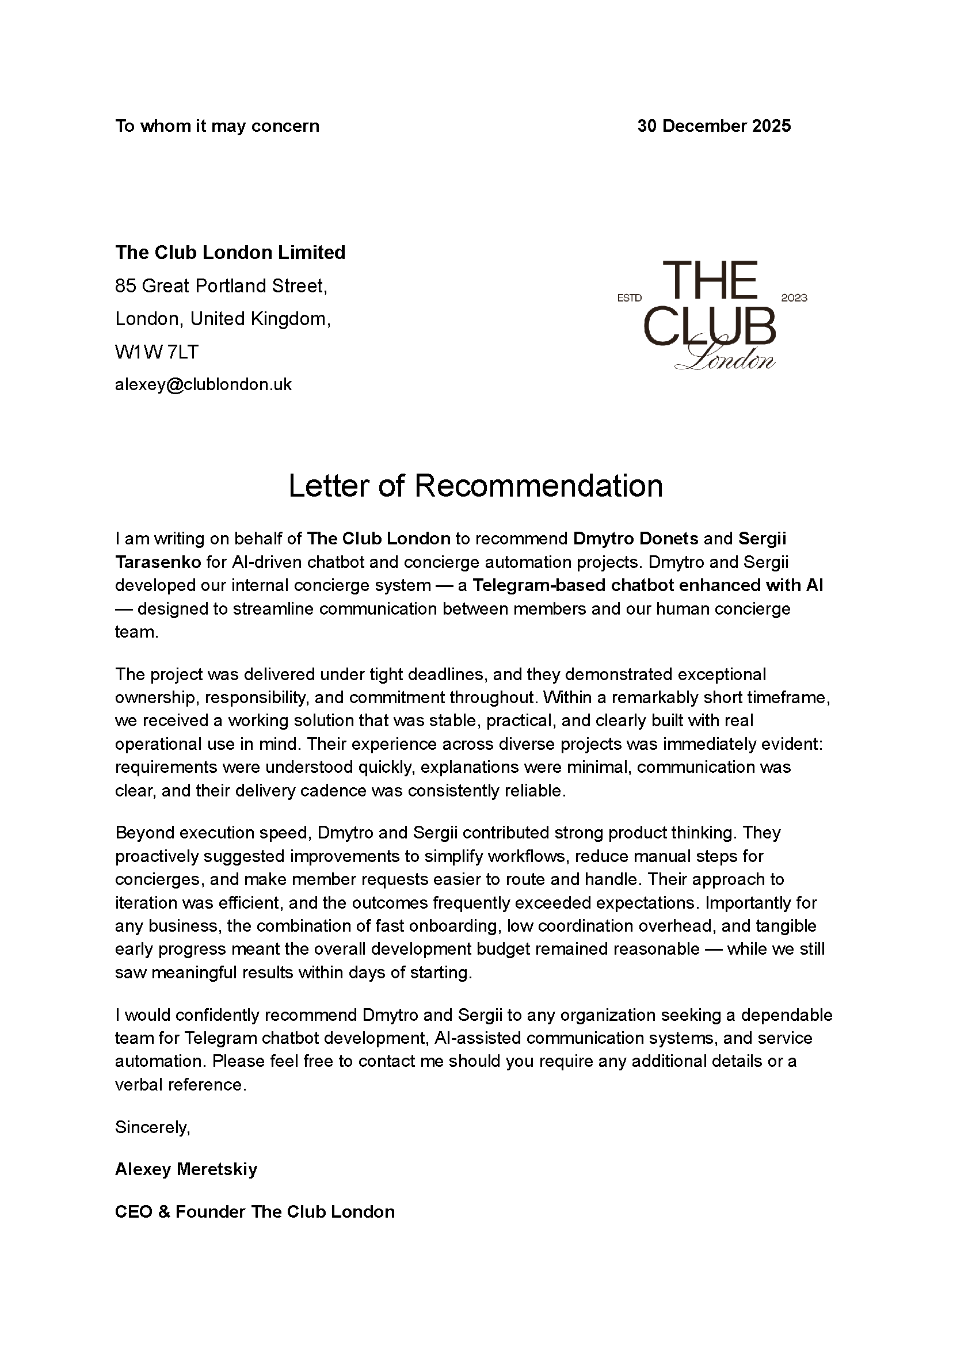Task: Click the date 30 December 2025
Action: click(714, 126)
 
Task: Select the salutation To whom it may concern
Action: click(217, 126)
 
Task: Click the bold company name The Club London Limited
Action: click(230, 252)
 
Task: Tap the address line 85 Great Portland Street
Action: click(221, 286)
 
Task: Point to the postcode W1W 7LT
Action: click(157, 352)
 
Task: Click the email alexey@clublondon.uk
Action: click(203, 385)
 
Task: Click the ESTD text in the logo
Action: click(629, 298)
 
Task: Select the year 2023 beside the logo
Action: click(794, 298)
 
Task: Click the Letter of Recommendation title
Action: click(475, 486)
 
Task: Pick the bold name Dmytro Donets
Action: click(635, 539)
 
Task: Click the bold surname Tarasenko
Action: click(158, 562)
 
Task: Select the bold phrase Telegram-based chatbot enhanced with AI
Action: click(647, 586)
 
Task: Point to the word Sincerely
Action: click(153, 1127)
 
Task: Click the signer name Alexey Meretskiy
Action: click(186, 1169)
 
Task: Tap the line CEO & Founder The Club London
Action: click(255, 1212)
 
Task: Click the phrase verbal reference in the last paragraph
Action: click(180, 1085)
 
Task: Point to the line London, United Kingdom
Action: click(223, 319)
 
